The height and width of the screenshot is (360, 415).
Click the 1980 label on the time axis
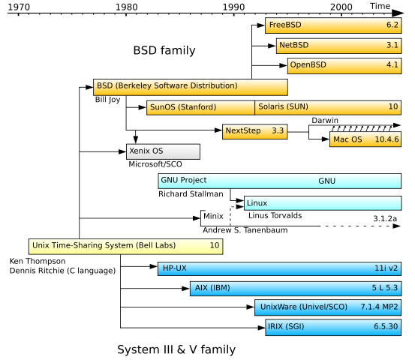point(126,7)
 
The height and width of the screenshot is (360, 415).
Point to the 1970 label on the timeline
point(19,7)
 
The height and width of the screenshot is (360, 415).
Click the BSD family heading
point(164,51)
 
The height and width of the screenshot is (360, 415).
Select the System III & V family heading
point(176,349)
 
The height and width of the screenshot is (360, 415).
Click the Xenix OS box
point(163,151)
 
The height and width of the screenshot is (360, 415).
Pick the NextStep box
point(255,131)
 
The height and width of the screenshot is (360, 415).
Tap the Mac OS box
point(365,139)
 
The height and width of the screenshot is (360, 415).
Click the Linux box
point(322,202)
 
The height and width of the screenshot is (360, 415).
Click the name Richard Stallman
point(191,193)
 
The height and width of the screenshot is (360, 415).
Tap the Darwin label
point(326,119)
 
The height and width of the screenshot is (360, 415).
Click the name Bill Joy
point(108,99)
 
